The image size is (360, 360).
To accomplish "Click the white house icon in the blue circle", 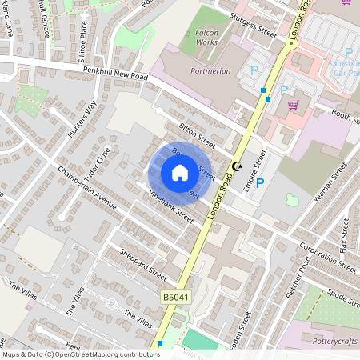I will pyautogui.click(x=179, y=173).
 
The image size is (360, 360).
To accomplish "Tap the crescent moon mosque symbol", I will pyautogui.click(x=236, y=166).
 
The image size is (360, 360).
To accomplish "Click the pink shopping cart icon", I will pyautogui.click(x=293, y=104).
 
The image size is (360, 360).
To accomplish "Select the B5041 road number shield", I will pyautogui.click(x=176, y=297).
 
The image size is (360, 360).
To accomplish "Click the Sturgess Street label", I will pyautogui.click(x=253, y=26).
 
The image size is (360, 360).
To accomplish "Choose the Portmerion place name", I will pyautogui.click(x=210, y=70).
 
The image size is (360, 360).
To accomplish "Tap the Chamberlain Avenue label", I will pyautogui.click(x=88, y=190).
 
